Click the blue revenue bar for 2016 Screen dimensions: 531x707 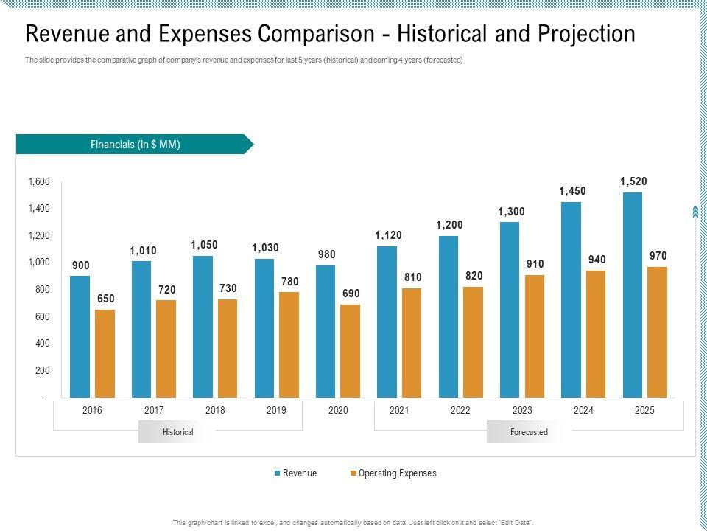pos(80,337)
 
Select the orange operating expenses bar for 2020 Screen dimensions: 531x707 pos(351,351)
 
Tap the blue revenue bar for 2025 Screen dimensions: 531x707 pos(632,295)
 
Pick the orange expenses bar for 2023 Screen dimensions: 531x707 pos(535,336)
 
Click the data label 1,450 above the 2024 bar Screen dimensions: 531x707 pos(572,191)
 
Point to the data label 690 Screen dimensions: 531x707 pos(351,294)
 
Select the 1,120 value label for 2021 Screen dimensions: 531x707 pos(387,235)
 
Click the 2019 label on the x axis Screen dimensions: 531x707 pos(276,411)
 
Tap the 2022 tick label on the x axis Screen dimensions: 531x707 pos(460,411)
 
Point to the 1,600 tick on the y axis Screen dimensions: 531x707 pos(39,182)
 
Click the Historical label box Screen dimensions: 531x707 pos(177,432)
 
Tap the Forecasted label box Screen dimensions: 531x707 pos(529,432)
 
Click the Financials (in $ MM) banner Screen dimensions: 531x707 pos(135,145)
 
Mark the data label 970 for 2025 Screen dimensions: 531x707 pos(658,256)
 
